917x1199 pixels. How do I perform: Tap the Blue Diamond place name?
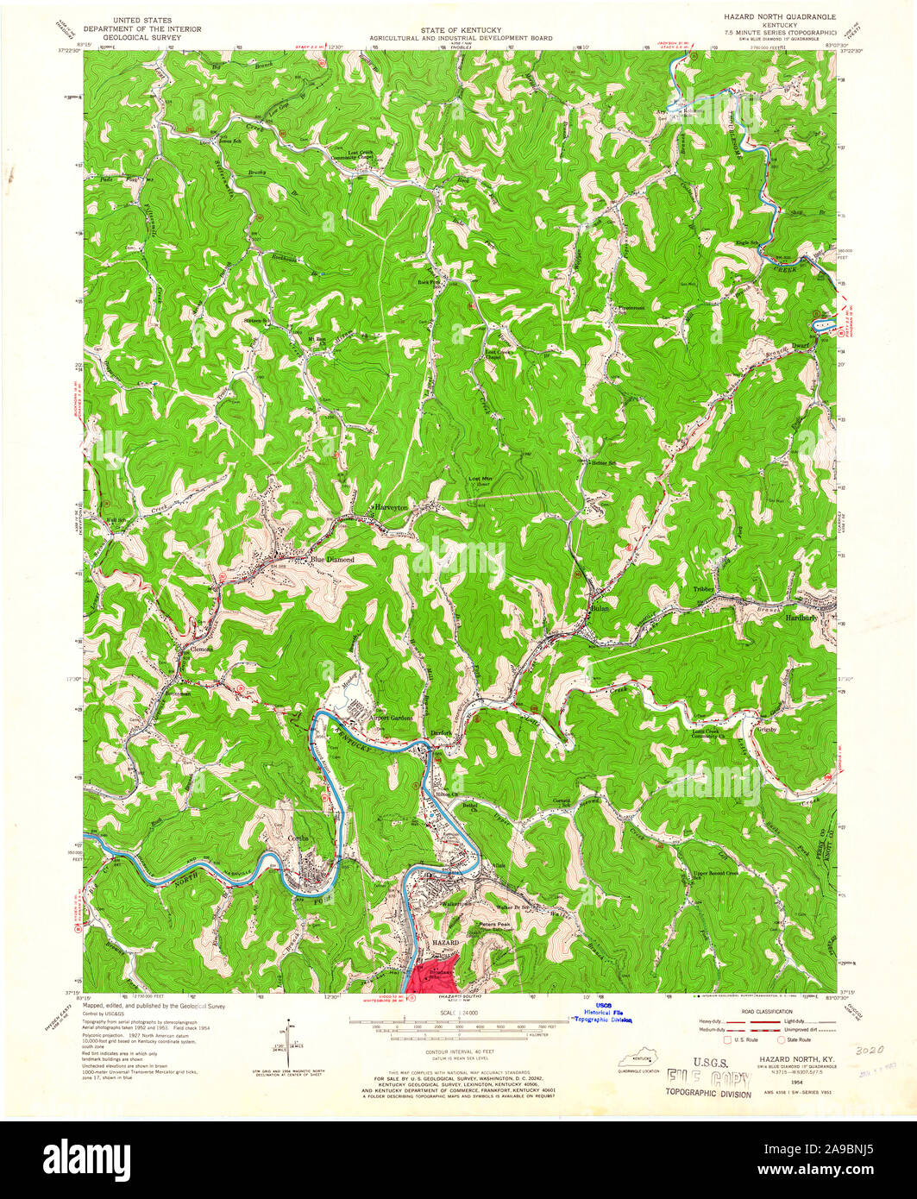tap(332, 559)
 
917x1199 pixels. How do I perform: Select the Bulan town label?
tap(600, 608)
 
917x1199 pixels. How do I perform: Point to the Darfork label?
tap(441, 733)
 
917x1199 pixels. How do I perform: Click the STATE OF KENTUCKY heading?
tap(457, 29)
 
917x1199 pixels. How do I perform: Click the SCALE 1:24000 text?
tap(457, 1011)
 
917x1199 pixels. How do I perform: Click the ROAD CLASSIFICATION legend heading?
tap(759, 1009)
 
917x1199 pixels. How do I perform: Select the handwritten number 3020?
tap(872, 1051)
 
